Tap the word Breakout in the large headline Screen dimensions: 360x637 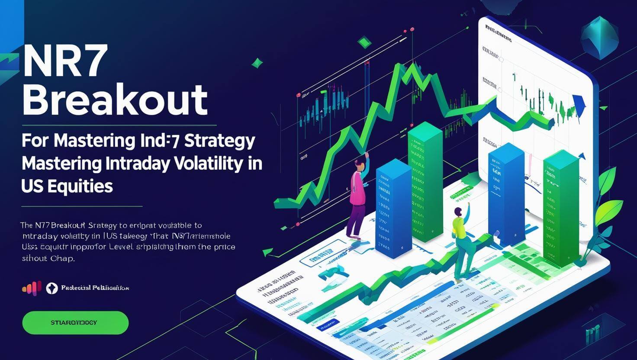coord(115,100)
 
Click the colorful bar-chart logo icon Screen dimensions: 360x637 coord(32,288)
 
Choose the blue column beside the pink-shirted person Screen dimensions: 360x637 coord(393,208)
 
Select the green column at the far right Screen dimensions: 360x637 coord(561,208)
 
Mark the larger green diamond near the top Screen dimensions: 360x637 coord(365,42)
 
